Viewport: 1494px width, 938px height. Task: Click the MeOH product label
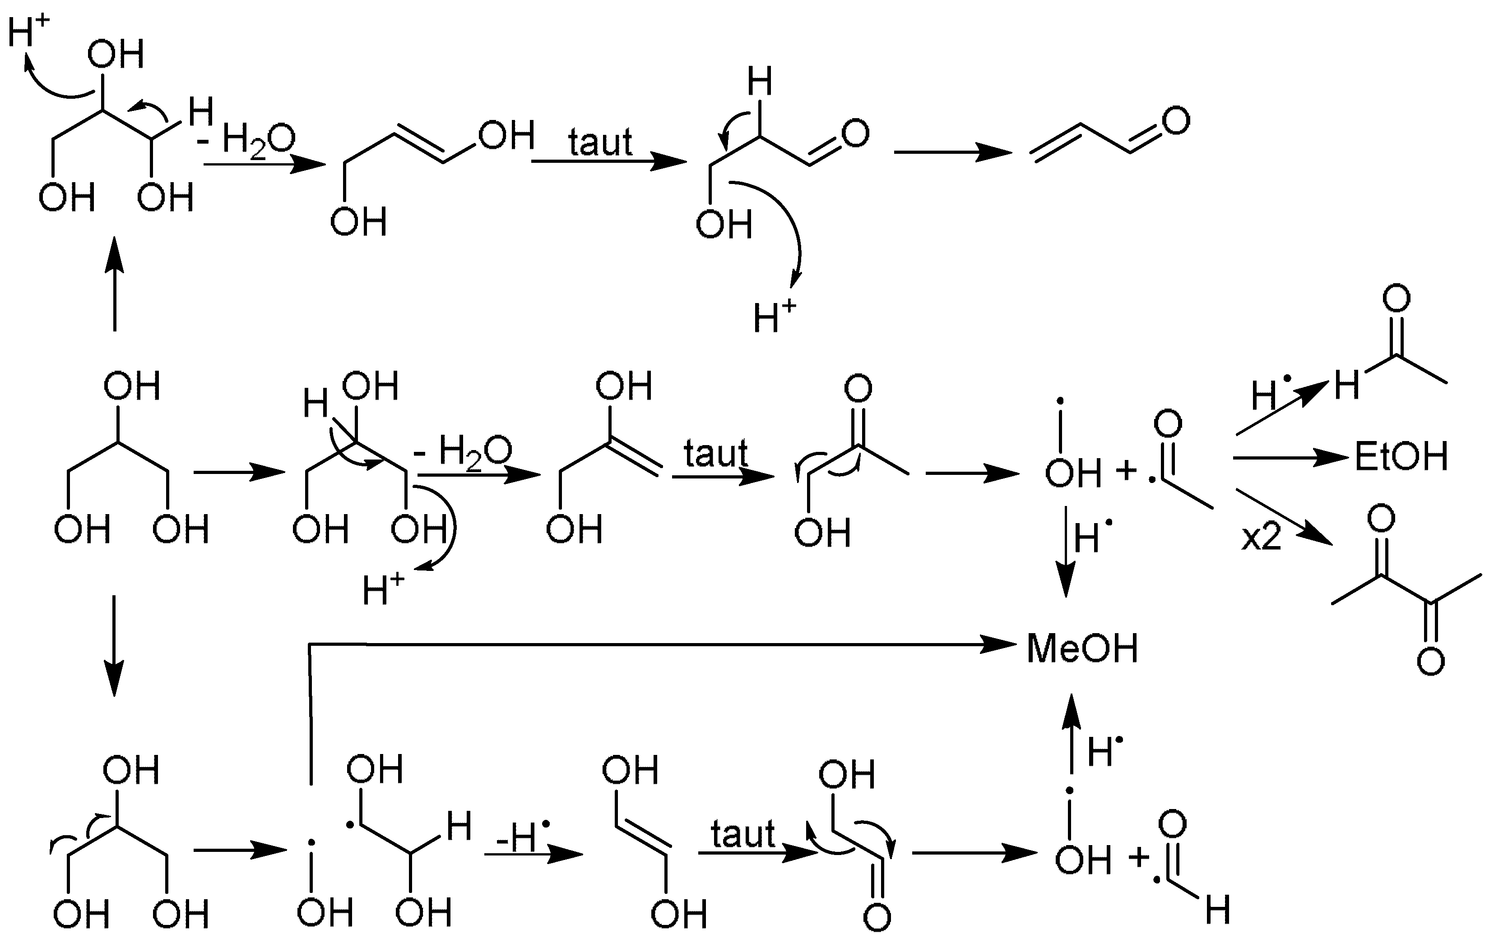pos(1083,649)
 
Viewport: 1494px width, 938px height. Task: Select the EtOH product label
pos(1401,457)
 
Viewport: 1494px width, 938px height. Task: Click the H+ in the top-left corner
pos(28,31)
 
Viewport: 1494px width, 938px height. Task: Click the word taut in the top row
pos(600,143)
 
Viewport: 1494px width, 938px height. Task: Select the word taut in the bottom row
pos(742,834)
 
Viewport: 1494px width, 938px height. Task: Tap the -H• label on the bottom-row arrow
pos(523,837)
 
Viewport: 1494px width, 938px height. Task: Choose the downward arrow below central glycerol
pos(114,645)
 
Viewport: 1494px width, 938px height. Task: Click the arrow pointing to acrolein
pos(952,152)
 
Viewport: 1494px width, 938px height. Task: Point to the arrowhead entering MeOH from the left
pos(999,645)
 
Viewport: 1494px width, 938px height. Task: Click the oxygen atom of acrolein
pos(1176,120)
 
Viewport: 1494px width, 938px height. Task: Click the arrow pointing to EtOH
pos(1290,458)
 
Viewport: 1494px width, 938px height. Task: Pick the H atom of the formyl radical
pos(1217,911)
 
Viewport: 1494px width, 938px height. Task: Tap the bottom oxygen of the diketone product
pos(1431,662)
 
